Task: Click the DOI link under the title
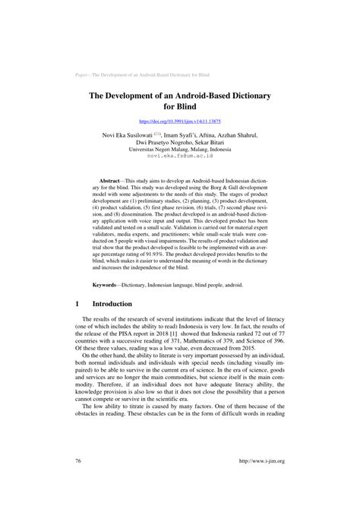click(x=179, y=122)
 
